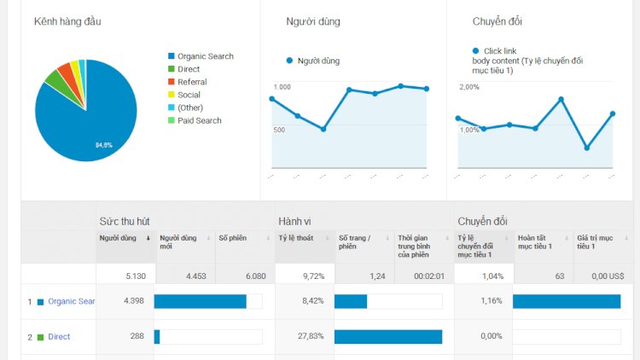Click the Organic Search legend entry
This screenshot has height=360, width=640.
pyautogui.click(x=205, y=56)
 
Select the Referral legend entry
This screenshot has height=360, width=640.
pyautogui.click(x=192, y=82)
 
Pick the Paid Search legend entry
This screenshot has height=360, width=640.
pyautogui.click(x=199, y=120)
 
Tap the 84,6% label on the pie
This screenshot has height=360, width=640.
pyautogui.click(x=103, y=145)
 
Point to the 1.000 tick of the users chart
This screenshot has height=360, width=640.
pyautogui.click(x=282, y=87)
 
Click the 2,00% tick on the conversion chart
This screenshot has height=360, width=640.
pyautogui.click(x=469, y=87)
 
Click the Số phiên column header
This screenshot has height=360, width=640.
pyautogui.click(x=232, y=238)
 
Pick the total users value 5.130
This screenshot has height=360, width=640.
pyautogui.click(x=134, y=276)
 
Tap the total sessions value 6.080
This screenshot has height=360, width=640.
pyautogui.click(x=253, y=276)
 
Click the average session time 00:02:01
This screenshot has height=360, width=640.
pyautogui.click(x=428, y=276)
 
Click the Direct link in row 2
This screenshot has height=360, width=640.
pyautogui.click(x=59, y=337)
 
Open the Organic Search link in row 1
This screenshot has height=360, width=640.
pyautogui.click(x=72, y=301)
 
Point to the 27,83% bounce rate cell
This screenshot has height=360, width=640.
pyautogui.click(x=309, y=337)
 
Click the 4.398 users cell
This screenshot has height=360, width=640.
pyautogui.click(x=134, y=301)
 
